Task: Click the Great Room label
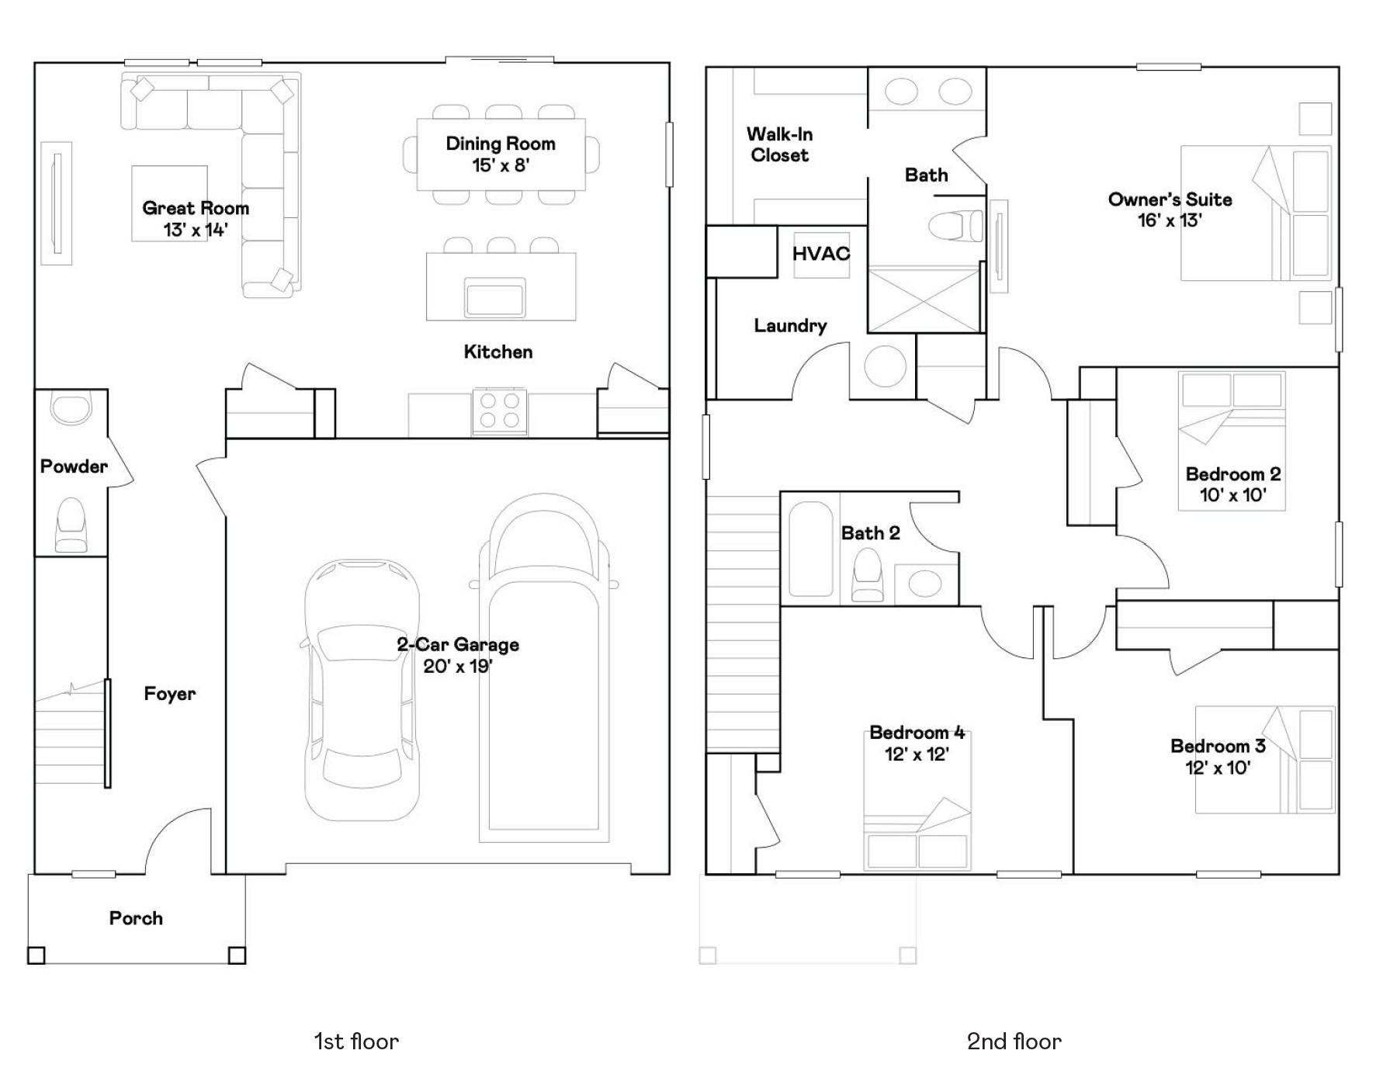(196, 209)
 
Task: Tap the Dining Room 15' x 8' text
(501, 154)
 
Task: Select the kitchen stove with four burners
(500, 411)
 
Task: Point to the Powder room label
(74, 466)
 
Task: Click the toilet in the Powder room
(71, 525)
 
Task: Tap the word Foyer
(170, 694)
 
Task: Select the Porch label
(136, 918)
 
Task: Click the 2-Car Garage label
(458, 645)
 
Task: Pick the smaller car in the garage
(362, 688)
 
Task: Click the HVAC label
(821, 254)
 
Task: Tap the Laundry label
(790, 326)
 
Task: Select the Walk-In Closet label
(780, 145)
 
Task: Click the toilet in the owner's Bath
(956, 226)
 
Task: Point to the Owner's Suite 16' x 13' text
(1170, 210)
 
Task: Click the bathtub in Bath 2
(811, 549)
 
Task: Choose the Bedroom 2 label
(1233, 474)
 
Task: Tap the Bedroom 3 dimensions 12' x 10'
(1218, 768)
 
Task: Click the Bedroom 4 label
(917, 733)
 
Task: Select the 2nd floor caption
(1014, 1042)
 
